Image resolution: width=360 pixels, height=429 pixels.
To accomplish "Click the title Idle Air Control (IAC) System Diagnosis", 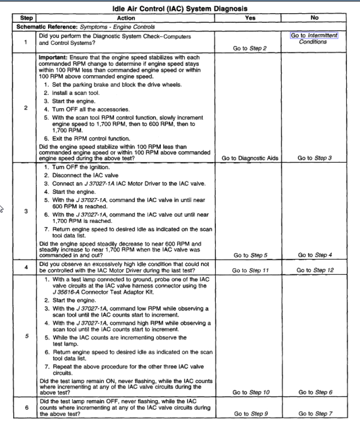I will (x=179, y=9).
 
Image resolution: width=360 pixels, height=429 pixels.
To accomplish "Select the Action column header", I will (x=125, y=18).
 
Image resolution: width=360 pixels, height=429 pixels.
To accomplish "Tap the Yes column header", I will (x=250, y=18).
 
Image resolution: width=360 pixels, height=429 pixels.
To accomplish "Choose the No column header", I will (x=314, y=18).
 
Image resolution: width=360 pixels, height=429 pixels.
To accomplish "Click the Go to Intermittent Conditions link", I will (x=313, y=38).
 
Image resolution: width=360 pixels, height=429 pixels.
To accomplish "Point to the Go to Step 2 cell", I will (x=250, y=49).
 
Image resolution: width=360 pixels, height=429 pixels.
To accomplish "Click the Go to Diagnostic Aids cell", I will (x=250, y=158).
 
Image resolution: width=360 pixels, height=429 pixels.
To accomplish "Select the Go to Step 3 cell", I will (x=314, y=158).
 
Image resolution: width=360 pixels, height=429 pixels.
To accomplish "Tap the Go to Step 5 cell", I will (x=250, y=255).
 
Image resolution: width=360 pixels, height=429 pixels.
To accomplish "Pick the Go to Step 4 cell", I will (x=314, y=255).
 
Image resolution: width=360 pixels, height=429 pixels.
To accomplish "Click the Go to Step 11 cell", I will (x=250, y=270).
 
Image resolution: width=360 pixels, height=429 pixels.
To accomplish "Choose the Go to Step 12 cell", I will (x=315, y=270).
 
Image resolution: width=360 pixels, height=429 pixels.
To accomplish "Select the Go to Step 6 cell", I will (x=315, y=392).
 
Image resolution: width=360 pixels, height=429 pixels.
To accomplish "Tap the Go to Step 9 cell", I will (x=250, y=414).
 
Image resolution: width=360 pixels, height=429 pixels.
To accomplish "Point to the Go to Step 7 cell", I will (x=315, y=414).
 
